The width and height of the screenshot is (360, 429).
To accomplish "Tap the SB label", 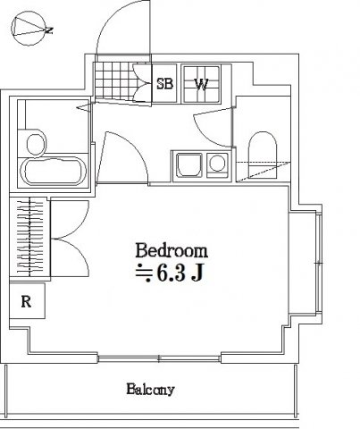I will tap(165, 85).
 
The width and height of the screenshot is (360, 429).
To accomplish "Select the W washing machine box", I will tap(202, 85).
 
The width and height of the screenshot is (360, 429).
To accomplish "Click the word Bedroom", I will tap(172, 250).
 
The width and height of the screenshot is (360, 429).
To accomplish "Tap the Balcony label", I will tap(149, 390).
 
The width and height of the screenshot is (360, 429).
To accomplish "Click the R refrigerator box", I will tap(27, 301).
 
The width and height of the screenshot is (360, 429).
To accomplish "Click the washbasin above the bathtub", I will tap(37, 143).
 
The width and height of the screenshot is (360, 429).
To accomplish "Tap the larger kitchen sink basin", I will tap(189, 164).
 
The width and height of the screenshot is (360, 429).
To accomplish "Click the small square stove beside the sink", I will tap(216, 164).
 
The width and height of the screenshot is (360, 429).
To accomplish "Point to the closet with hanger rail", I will tap(29, 238).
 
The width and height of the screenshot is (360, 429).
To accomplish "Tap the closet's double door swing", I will tap(70, 238).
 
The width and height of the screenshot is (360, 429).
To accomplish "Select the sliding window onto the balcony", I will tap(161, 359).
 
